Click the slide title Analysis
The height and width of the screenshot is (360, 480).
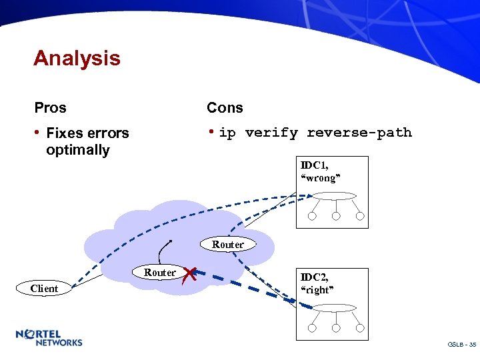pos(77,59)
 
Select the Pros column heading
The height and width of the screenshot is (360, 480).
pos(51,107)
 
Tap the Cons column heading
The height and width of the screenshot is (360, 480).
pos(225,107)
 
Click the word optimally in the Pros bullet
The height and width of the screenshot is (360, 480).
pos(77,150)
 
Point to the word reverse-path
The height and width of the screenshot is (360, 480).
pos(359,133)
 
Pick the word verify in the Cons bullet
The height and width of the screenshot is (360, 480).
pos(271,133)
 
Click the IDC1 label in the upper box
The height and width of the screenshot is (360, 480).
pos(315,165)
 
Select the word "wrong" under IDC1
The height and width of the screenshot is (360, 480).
pos(321,177)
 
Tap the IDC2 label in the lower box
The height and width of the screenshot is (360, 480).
pos(315,277)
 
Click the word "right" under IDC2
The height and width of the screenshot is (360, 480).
pos(317,289)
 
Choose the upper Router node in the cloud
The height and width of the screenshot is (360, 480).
pos(228,245)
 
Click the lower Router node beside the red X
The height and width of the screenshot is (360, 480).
pos(160,272)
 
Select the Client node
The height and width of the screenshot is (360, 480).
pos(44,289)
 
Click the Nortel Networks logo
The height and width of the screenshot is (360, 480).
pos(49,337)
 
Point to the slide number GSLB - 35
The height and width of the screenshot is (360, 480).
pos(461,345)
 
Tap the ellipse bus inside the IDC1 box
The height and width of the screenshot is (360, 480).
pos(336,197)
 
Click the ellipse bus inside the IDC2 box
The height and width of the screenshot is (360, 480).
pos(336,309)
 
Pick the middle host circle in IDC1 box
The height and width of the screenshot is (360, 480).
pos(336,216)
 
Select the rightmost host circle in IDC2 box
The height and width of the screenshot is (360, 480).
pos(360,328)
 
